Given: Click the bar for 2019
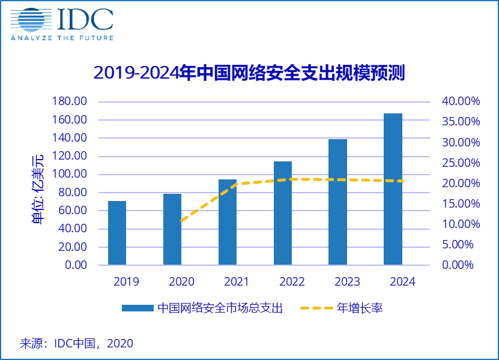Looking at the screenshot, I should pos(117,233).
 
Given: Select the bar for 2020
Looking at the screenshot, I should pos(172,229).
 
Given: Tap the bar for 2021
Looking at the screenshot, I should pos(227,222).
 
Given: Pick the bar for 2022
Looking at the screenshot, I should pos(283,213).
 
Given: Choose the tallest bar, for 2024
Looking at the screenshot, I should pos(393,189).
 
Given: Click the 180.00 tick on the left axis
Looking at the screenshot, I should pos(70,101).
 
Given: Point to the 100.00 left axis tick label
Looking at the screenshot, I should pos(70,175).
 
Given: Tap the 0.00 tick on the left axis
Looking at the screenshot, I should pos(75,265).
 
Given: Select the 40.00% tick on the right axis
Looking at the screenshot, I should pos(461,101).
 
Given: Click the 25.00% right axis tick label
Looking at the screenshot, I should pos(461,163).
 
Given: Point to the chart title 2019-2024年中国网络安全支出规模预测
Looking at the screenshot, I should pos(249,73).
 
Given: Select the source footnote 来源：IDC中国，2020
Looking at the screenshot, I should pos(77,344).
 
